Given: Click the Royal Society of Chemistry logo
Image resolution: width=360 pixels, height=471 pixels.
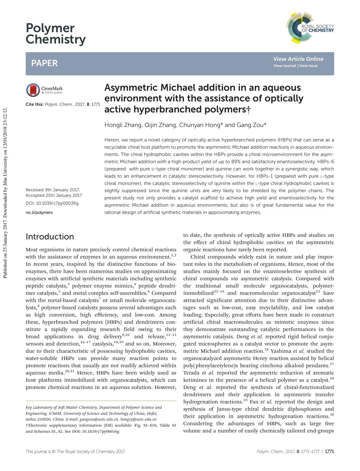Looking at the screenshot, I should pos(310,28).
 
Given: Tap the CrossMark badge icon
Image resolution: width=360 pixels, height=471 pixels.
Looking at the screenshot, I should pos(33,90).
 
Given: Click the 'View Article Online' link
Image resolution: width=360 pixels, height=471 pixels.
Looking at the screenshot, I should pos(298,59).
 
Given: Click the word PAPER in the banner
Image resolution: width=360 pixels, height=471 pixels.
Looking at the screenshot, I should pos(44,63).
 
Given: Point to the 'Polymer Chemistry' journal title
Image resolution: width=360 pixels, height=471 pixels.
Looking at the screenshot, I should pos(55,34).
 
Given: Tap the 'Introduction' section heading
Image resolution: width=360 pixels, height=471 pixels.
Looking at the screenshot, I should pos(50,237).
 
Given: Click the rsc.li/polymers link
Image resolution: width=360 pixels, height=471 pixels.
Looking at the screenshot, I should pos(39,212).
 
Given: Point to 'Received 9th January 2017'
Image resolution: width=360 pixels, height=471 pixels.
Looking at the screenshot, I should pos(53,190).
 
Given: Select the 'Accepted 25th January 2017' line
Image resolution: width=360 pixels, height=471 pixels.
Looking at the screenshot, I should pos(54,196).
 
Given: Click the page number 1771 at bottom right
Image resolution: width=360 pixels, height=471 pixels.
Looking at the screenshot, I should pos(330,451).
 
